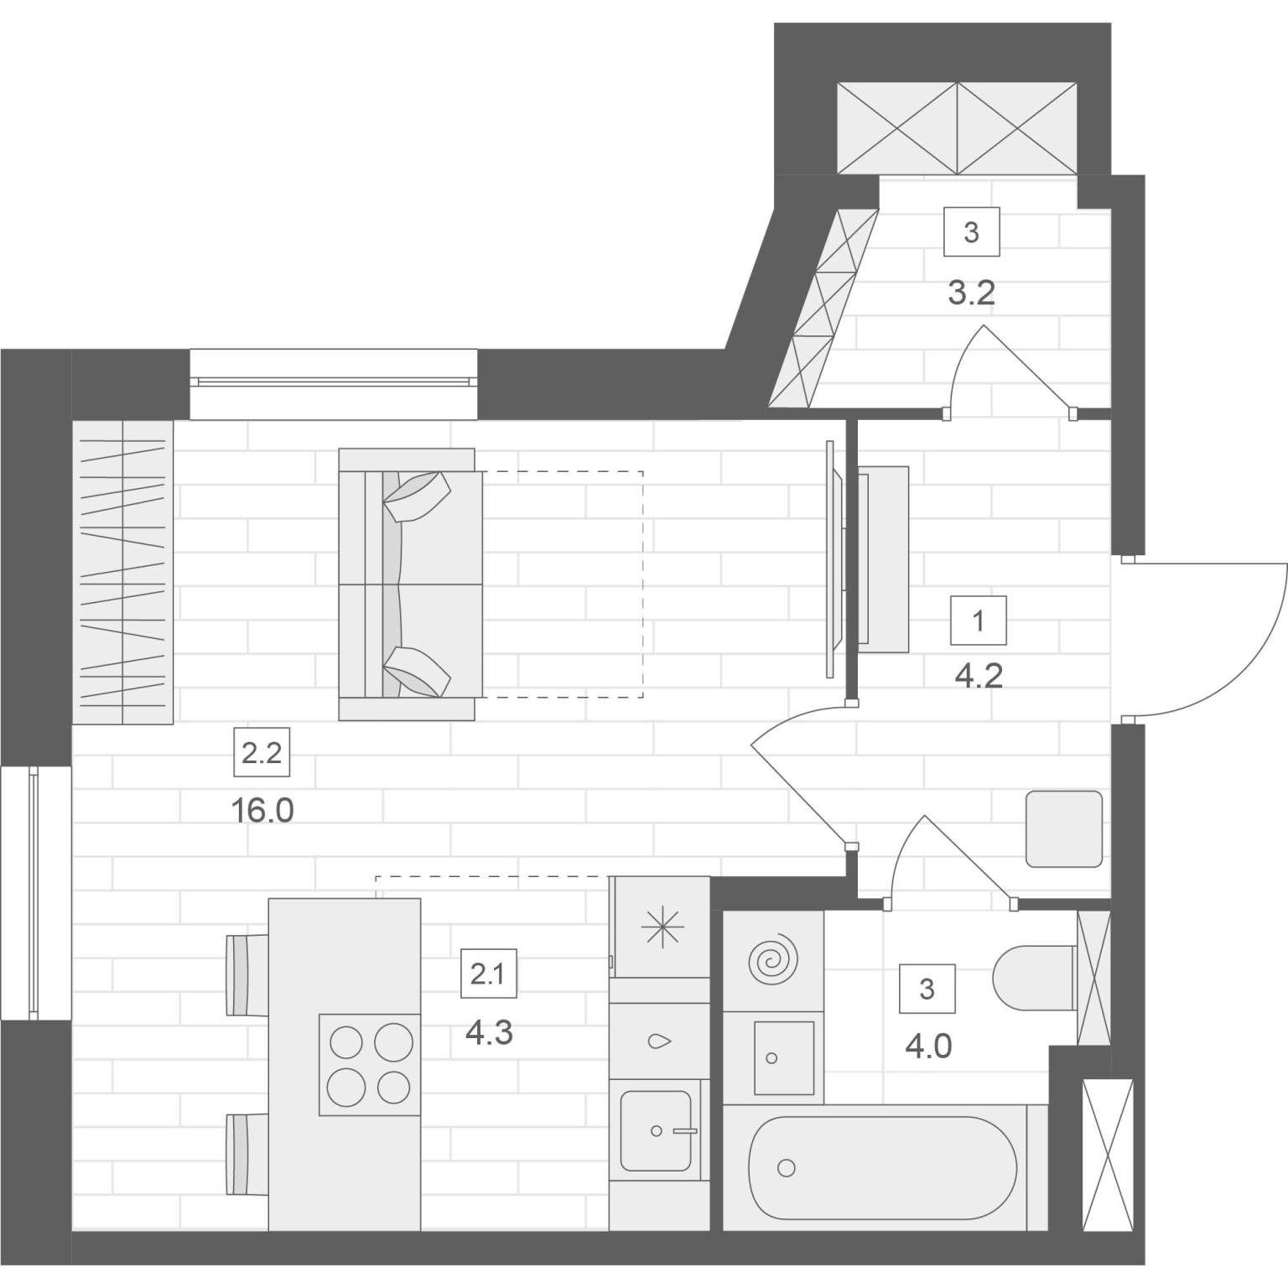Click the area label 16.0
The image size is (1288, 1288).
261,811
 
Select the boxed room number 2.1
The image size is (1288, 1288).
489,974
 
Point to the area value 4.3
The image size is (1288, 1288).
489,1032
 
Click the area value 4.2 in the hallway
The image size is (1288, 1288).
979,675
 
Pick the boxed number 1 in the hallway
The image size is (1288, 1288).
979,621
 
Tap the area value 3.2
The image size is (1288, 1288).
971,293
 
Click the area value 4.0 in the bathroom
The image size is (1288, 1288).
929,1046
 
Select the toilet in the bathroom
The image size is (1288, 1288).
1034,977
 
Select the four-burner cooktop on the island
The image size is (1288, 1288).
369,1065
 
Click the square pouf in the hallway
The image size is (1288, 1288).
1064,828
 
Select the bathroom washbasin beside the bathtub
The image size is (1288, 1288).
784,1057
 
